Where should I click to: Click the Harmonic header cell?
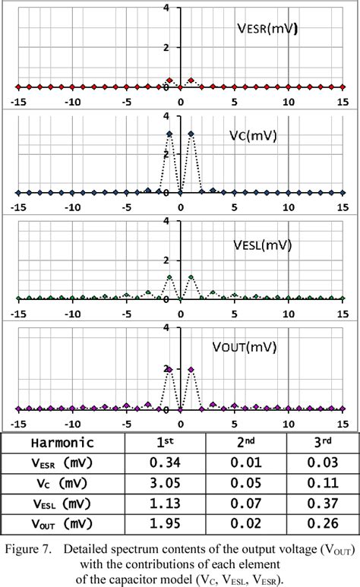(x=62, y=443)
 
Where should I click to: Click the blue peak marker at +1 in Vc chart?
(x=191, y=134)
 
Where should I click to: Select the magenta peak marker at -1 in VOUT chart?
(x=169, y=370)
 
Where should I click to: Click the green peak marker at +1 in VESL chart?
(x=191, y=277)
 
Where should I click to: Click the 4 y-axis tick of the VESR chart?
(x=176, y=8)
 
